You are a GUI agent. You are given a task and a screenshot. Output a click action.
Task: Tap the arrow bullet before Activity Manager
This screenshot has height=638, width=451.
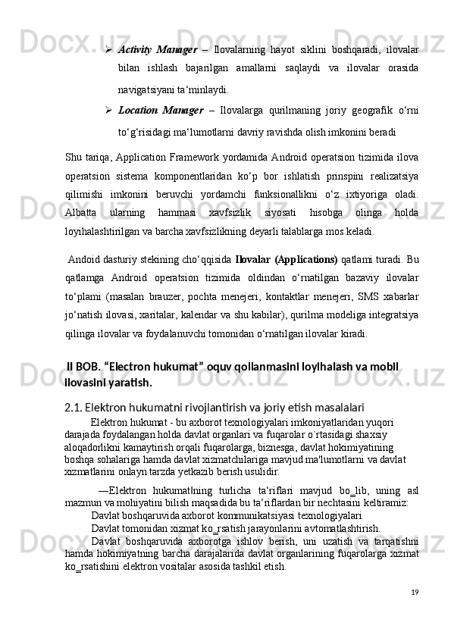110,50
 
